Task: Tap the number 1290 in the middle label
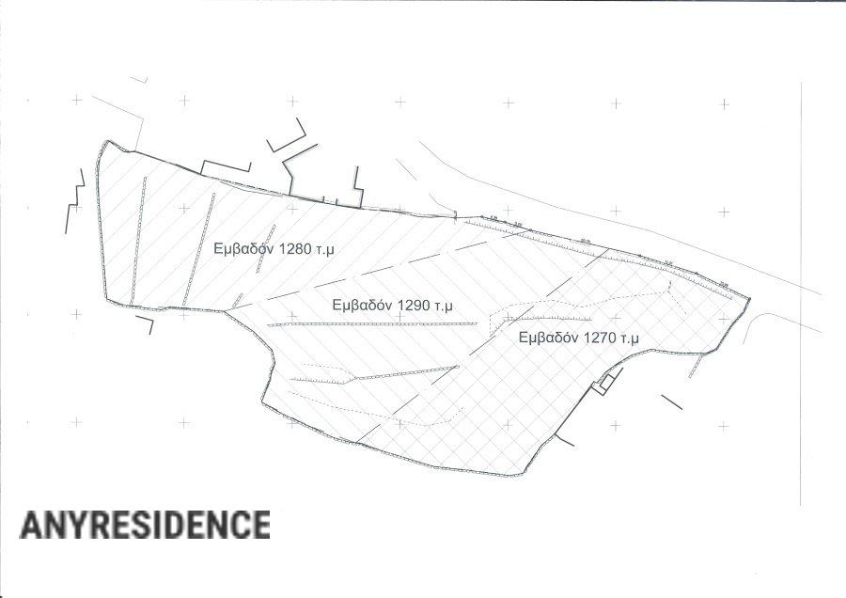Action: pos(414,306)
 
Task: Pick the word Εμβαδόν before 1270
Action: pos(549,337)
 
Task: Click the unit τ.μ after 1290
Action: pos(444,306)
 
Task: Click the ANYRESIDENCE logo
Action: pos(145,525)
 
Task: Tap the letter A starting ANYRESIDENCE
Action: pos(30,525)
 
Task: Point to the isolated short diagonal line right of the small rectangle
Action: pos(671,401)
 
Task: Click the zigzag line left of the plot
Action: pos(73,202)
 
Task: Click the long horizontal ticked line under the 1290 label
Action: pos(373,324)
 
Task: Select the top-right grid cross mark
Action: pos(724,102)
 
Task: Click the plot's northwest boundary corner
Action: pos(102,144)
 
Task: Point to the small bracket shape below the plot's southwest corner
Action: pos(145,323)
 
